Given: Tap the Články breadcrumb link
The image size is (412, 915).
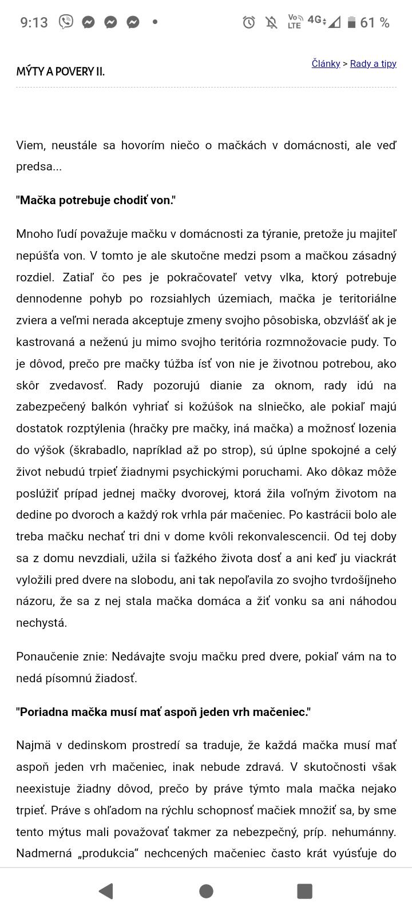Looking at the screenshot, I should coord(326,63).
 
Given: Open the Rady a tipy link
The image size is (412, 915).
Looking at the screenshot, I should coord(373,63).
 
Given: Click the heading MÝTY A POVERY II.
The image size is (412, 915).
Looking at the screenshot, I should coord(61,71).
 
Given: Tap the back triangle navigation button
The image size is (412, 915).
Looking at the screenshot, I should coord(106,890).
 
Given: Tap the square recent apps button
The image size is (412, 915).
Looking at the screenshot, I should coord(304,890).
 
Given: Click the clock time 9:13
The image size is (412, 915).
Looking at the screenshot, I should coord(34,22).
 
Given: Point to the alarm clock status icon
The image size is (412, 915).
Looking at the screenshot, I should coord(249,22).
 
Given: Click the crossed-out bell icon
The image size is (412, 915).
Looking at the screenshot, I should coord(271,22).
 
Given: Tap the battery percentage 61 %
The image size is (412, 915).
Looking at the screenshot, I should coord(375,22).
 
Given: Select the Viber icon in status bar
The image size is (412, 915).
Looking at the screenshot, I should coord(66,22).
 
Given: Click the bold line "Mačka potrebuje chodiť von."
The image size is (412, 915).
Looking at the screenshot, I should coord(96,200).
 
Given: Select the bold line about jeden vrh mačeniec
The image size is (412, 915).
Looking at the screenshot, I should coord(164,712).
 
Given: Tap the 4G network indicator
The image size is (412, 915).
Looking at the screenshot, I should coord(315,20).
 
